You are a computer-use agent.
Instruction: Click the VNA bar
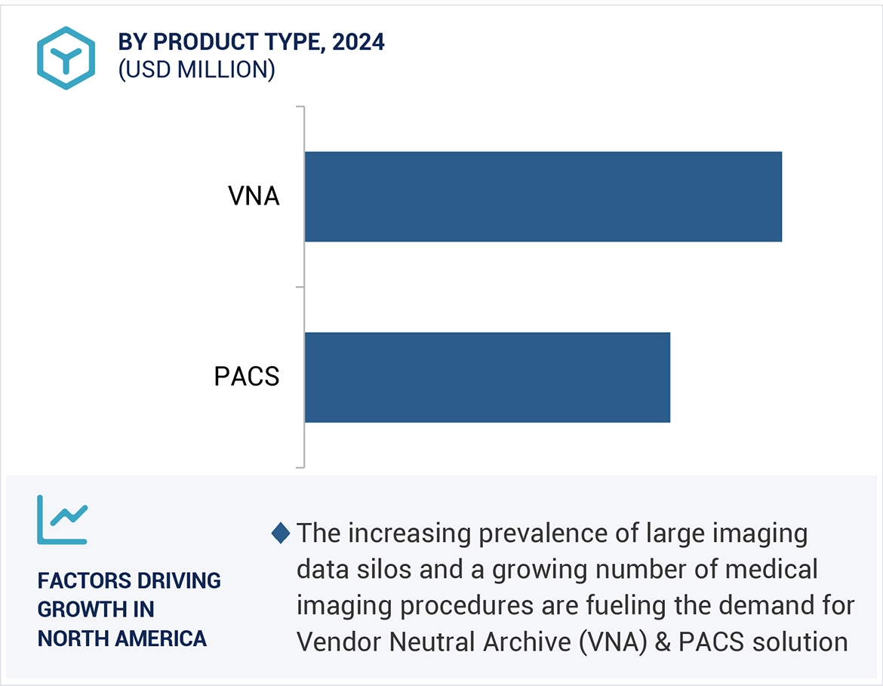pos(543,196)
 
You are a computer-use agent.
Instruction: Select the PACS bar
pos(487,377)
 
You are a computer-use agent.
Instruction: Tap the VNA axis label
pos(254,197)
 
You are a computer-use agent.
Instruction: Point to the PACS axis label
pos(247,376)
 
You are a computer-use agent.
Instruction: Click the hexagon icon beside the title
pos(66,58)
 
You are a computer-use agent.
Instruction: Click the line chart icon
pos(63,519)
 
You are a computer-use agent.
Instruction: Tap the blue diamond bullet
pos(281,534)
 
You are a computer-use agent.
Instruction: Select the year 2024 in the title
pos(358,42)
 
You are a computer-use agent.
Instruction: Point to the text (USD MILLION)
pos(196,69)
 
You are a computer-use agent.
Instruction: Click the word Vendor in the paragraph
pos(338,641)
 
